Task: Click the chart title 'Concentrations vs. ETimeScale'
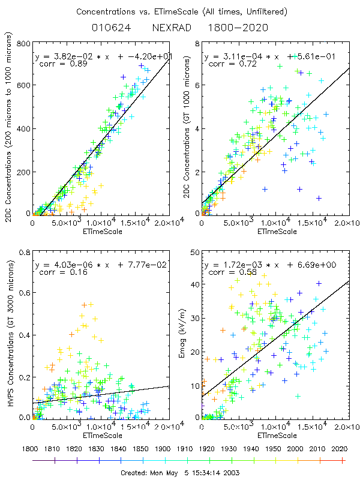tap(180, 11)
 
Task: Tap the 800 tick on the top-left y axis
tap(25, 44)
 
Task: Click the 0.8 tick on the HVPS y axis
tap(25, 252)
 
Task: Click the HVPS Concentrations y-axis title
tap(10, 335)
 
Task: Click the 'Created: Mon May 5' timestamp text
tap(179, 473)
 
